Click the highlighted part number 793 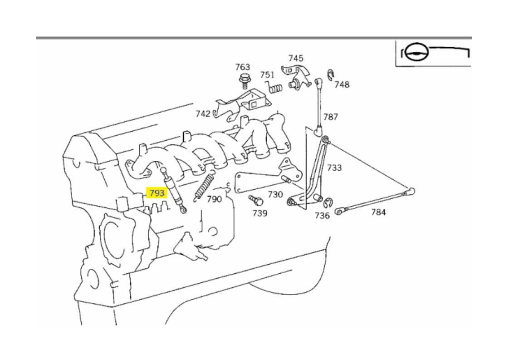(157, 193)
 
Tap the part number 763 (243, 67)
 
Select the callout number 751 (267, 75)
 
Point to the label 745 (296, 58)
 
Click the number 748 (342, 84)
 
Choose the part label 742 (203, 113)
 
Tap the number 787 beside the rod (330, 117)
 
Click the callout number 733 (334, 168)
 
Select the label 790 (214, 199)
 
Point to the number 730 (275, 194)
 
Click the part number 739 (260, 213)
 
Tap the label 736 (322, 215)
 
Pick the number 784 (378, 212)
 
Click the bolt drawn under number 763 (244, 81)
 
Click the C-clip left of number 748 (330, 74)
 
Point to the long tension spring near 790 (205, 186)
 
